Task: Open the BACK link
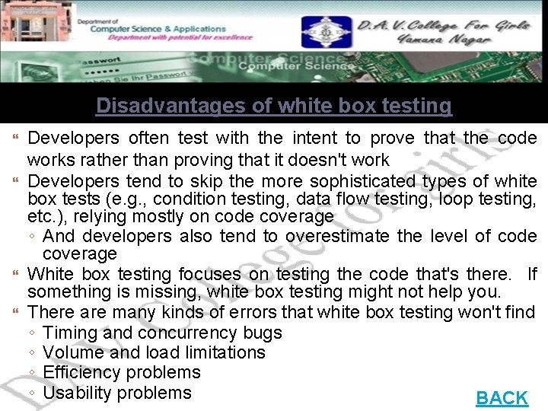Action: [x=502, y=397]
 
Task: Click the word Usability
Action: [x=77, y=393]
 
